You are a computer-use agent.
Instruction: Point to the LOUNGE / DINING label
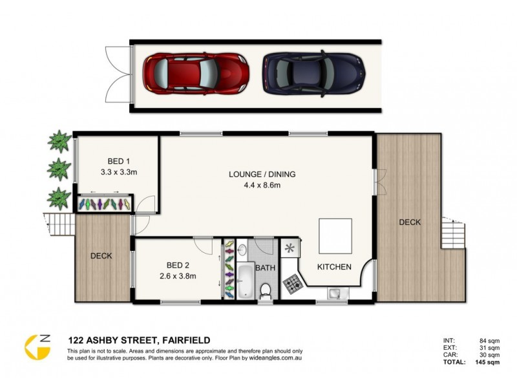tap(257, 174)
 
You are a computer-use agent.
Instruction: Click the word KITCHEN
tap(334, 267)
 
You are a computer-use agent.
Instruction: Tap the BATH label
tap(265, 267)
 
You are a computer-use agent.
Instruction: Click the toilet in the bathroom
tap(265, 290)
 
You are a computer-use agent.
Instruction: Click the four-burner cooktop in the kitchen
tap(290, 283)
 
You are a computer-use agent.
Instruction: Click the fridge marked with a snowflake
tap(289, 248)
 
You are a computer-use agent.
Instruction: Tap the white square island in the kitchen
tap(335, 236)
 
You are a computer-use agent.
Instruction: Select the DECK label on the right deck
tap(409, 222)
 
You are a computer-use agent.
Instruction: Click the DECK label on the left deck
tap(101, 255)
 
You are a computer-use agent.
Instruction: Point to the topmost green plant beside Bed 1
tap(59, 140)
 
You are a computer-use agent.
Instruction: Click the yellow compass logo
tap(37, 347)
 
